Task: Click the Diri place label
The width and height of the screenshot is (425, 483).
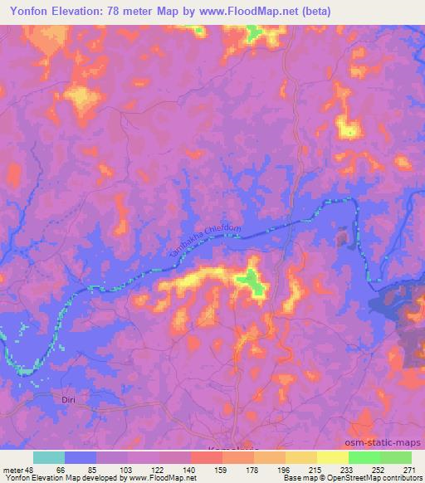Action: [69, 399]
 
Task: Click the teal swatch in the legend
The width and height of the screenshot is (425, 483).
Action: [49, 457]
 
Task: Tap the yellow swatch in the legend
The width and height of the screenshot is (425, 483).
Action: [332, 457]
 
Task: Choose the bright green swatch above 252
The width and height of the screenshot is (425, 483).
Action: [364, 457]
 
